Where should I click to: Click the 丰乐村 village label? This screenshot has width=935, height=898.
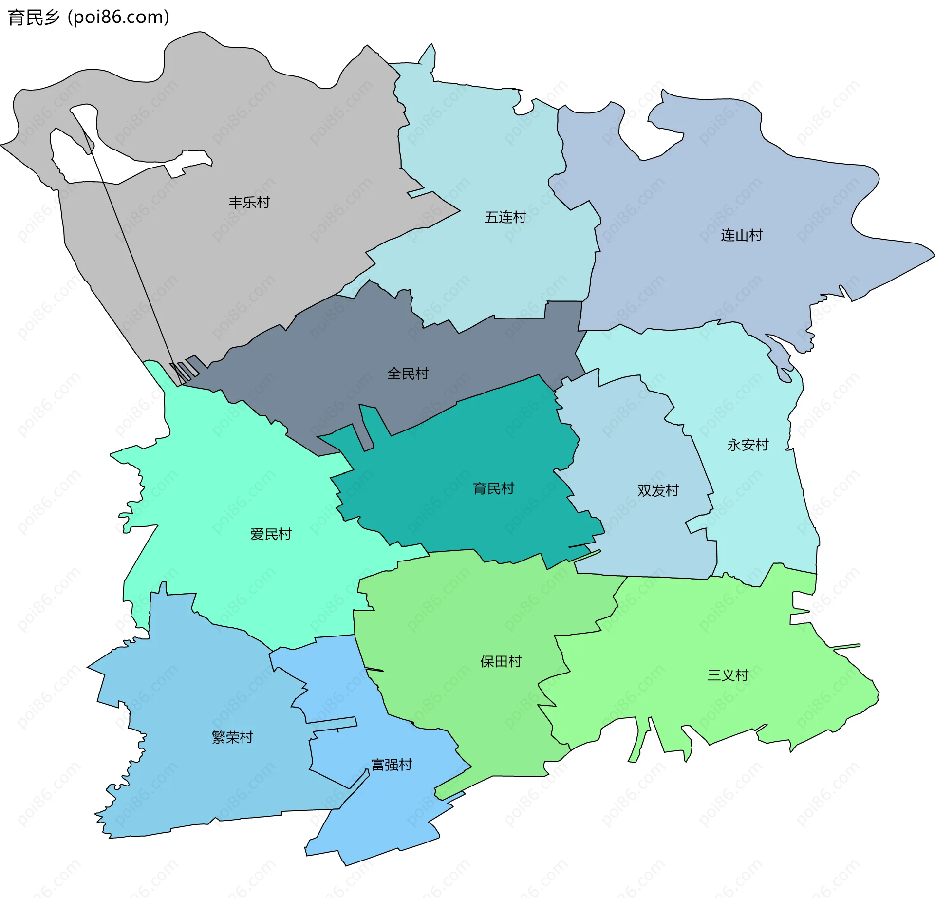tap(249, 202)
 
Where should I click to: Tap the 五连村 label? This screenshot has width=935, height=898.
tap(505, 217)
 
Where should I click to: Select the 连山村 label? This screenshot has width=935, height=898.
tap(742, 236)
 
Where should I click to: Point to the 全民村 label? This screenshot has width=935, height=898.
tap(408, 374)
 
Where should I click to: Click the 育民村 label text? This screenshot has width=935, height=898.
tap(494, 488)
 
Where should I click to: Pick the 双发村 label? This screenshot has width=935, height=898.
tap(658, 490)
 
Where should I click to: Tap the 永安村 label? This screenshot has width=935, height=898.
tap(748, 445)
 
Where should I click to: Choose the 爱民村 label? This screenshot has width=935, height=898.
tap(271, 534)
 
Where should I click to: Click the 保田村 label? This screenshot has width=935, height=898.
tap(501, 661)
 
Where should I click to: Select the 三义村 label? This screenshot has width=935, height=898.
tap(728, 675)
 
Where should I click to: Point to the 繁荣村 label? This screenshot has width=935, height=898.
tap(233, 737)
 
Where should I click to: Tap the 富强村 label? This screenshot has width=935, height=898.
tap(392, 765)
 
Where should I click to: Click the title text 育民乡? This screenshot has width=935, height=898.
tap(34, 18)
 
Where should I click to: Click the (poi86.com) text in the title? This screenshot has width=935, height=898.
tap(118, 18)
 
